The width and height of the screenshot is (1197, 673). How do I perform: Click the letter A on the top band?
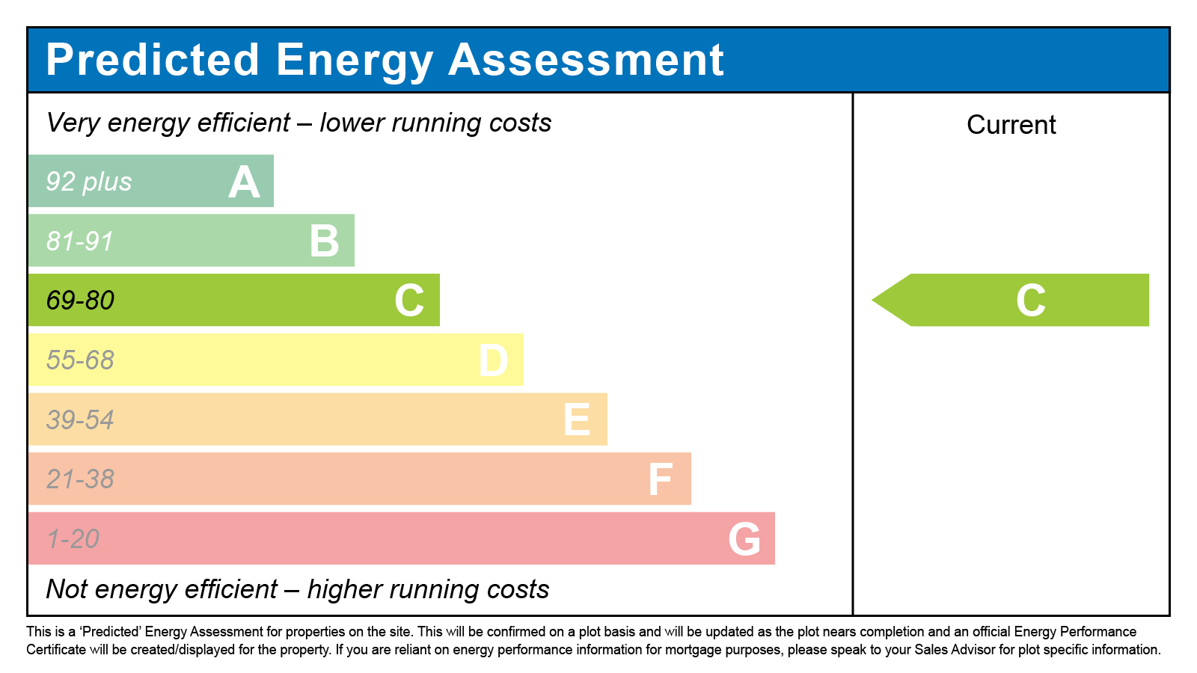[244, 182]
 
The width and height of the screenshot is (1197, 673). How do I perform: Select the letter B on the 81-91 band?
[325, 242]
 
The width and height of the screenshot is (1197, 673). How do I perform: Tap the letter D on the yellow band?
[494, 360]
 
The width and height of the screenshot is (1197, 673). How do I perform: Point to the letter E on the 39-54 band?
[577, 420]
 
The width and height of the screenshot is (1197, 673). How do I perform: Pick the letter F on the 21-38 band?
[661, 479]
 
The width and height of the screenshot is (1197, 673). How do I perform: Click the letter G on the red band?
[744, 539]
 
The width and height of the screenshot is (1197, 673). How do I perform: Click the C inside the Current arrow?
[1030, 301]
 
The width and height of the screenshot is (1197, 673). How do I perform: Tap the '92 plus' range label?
[89, 182]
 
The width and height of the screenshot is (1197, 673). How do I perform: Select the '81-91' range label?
[80, 242]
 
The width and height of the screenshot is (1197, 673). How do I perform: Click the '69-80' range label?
[80, 301]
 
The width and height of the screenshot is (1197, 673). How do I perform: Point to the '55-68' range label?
[80, 360]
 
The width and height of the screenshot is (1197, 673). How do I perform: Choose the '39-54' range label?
[80, 420]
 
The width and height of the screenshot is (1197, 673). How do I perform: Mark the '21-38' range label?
[80, 479]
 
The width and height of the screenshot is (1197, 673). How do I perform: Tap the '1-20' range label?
[73, 539]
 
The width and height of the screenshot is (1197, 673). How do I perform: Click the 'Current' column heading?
[1011, 125]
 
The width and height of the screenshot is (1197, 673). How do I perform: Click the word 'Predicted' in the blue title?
[153, 60]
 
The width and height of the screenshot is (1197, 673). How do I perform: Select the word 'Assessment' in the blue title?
[586, 60]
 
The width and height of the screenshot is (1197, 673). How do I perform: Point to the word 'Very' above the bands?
[73, 123]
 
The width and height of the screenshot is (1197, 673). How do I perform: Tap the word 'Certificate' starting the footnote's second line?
[56, 650]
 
